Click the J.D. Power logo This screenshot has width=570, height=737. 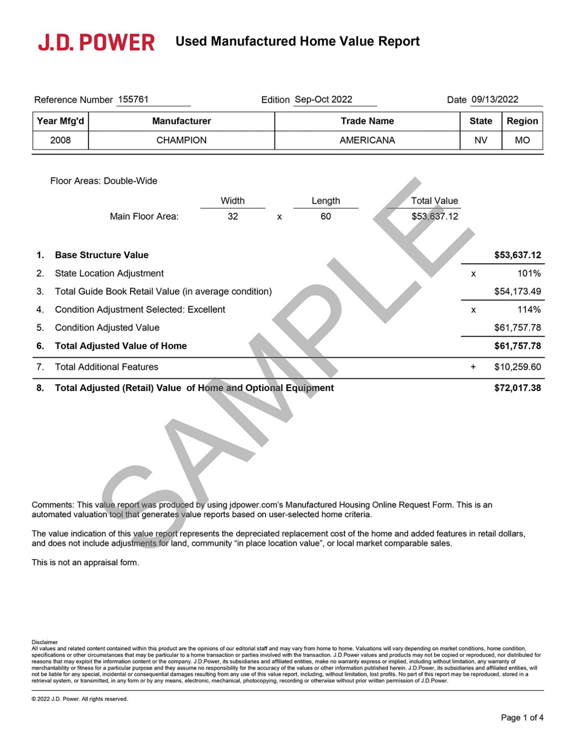point(97,42)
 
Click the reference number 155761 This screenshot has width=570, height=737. point(133,99)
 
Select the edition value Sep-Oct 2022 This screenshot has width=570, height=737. point(323,99)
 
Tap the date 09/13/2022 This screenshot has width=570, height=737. point(495,99)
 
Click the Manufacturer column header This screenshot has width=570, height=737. point(182,121)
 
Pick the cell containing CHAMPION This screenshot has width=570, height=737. point(182,140)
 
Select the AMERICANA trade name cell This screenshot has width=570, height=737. point(367,140)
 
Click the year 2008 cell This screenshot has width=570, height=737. point(61,140)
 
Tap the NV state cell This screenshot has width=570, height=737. point(481,140)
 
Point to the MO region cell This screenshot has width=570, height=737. point(522,140)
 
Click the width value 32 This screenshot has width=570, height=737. point(233,216)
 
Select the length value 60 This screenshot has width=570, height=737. point(326,216)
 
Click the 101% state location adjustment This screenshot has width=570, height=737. point(529,273)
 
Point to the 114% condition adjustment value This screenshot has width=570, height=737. point(529,309)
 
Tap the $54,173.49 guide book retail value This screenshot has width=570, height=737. point(517,291)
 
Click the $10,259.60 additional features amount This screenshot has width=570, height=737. point(517,367)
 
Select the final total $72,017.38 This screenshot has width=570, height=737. point(517,388)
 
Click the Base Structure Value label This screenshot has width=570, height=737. point(102,255)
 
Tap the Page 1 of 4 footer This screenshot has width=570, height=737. point(522,717)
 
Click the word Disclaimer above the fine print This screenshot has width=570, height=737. point(45,642)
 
